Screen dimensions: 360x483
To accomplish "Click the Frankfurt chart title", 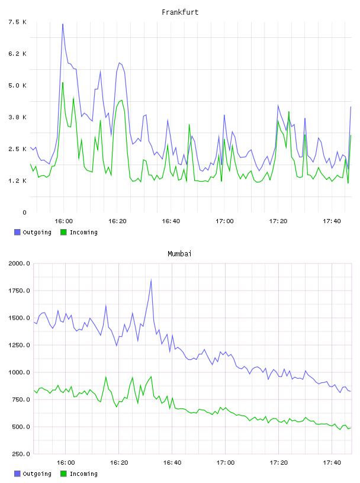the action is pyautogui.click(x=180, y=12).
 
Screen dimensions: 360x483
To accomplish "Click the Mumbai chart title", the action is pyautogui.click(x=179, y=254).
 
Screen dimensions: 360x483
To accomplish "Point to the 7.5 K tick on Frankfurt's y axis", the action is pyautogui.click(x=17, y=22).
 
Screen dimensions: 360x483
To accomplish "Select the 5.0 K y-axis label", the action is pyautogui.click(x=17, y=85).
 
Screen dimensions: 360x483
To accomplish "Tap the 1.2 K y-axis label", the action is pyautogui.click(x=17, y=181).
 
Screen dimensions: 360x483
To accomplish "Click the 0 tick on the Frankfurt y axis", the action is pyautogui.click(x=24, y=212).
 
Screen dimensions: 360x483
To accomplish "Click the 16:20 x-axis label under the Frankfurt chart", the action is pyautogui.click(x=117, y=221).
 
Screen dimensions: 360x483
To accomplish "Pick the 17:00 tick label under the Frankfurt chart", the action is pyautogui.click(x=224, y=221).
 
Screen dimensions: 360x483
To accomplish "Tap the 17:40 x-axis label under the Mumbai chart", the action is pyautogui.click(x=332, y=463).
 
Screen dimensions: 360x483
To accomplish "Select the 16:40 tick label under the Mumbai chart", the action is pyautogui.click(x=172, y=463).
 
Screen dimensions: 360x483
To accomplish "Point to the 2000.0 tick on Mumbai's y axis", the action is pyautogui.click(x=19, y=263).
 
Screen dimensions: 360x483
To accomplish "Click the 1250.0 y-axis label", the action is pyautogui.click(x=19, y=345).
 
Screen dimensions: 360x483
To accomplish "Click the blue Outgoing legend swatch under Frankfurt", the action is pyautogui.click(x=17, y=232).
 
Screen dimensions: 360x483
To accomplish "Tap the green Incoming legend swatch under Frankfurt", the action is pyautogui.click(x=63, y=232).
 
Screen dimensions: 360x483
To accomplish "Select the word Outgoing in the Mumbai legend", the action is pyautogui.click(x=37, y=474).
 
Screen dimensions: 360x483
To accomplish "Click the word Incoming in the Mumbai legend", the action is pyautogui.click(x=83, y=474).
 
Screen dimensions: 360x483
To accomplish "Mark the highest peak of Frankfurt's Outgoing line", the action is pyautogui.click(x=63, y=24).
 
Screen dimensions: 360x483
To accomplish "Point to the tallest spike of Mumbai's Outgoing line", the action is pyautogui.click(x=151, y=280).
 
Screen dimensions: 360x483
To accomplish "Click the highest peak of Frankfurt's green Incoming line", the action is pyautogui.click(x=63, y=82).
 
